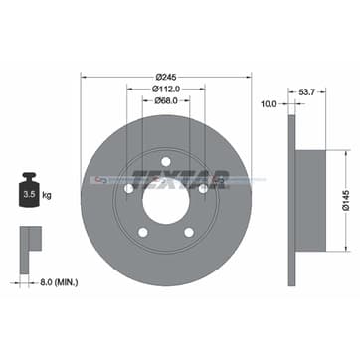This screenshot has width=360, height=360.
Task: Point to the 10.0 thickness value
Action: click(268, 103)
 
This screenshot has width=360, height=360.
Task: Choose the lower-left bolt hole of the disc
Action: click(143, 231)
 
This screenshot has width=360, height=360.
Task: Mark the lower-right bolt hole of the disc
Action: click(189, 231)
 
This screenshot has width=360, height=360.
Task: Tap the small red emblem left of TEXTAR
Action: click(97, 180)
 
